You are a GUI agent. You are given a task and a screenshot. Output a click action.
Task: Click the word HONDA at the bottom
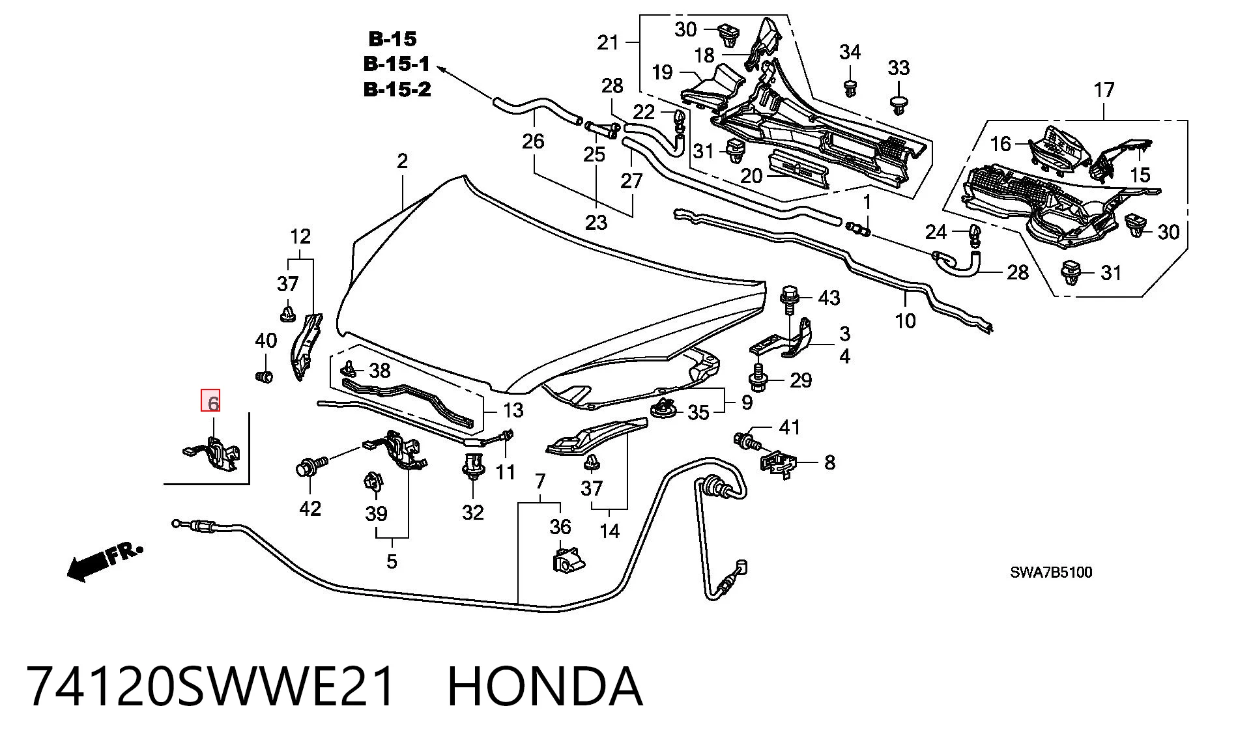pos(545,686)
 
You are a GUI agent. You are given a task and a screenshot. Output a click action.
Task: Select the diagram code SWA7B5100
pos(1051,572)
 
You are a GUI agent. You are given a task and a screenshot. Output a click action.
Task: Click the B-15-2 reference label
pos(397,89)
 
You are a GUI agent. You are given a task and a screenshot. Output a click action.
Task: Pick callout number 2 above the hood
pos(402,160)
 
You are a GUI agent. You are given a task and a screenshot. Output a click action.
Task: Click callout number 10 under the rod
pos(906,320)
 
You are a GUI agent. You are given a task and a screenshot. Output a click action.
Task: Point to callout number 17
pos(1104,90)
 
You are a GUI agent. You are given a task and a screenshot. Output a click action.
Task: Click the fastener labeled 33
pos(899,105)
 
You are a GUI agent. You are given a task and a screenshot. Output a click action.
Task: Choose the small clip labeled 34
pos(850,88)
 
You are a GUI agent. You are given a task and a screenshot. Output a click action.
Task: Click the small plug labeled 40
pos(264,376)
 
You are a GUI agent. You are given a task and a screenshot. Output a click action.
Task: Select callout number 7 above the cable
pos(539,481)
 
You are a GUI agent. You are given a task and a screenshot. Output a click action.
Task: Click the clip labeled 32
pos(472,466)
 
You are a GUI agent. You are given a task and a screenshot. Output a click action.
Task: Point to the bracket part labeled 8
pos(778,464)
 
